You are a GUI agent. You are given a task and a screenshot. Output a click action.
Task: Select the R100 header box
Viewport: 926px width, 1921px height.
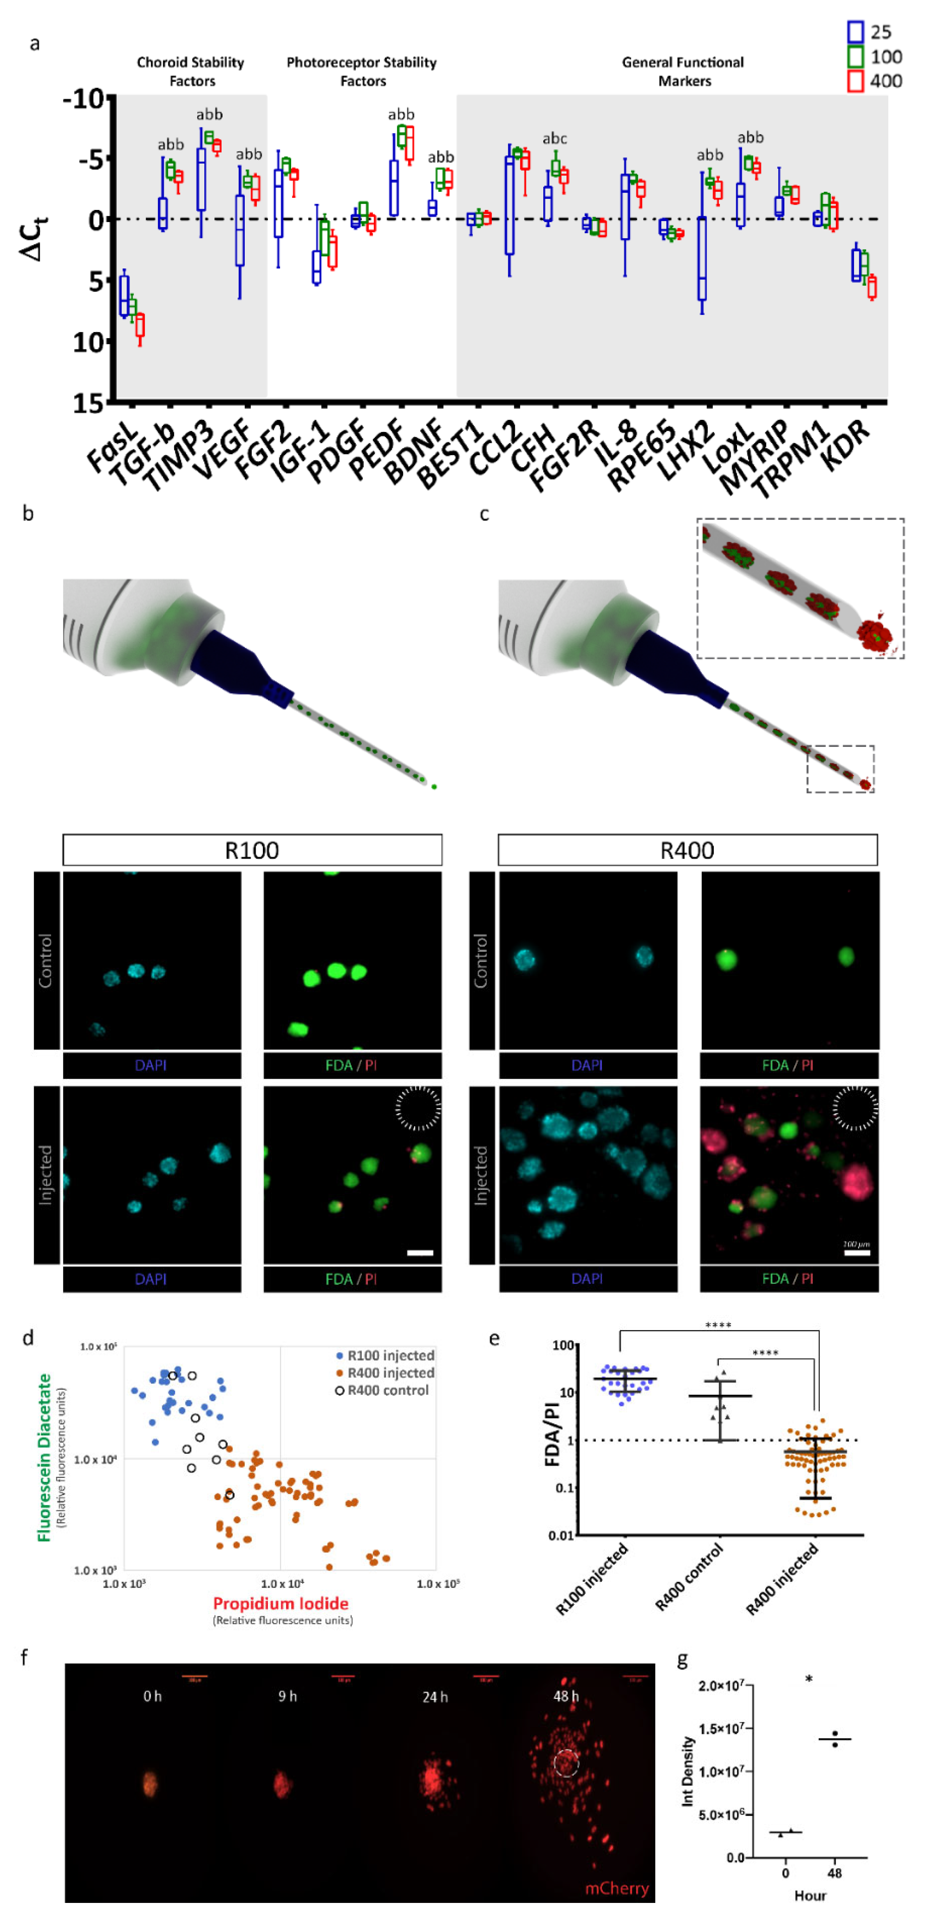pos(252,850)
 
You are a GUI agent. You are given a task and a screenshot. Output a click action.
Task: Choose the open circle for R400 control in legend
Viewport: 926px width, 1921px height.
pos(340,1390)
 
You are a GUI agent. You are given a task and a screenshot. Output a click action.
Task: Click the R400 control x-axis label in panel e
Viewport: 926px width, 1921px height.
pos(689,1577)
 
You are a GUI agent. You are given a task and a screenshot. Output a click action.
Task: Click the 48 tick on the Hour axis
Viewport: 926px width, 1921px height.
pos(834,1873)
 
